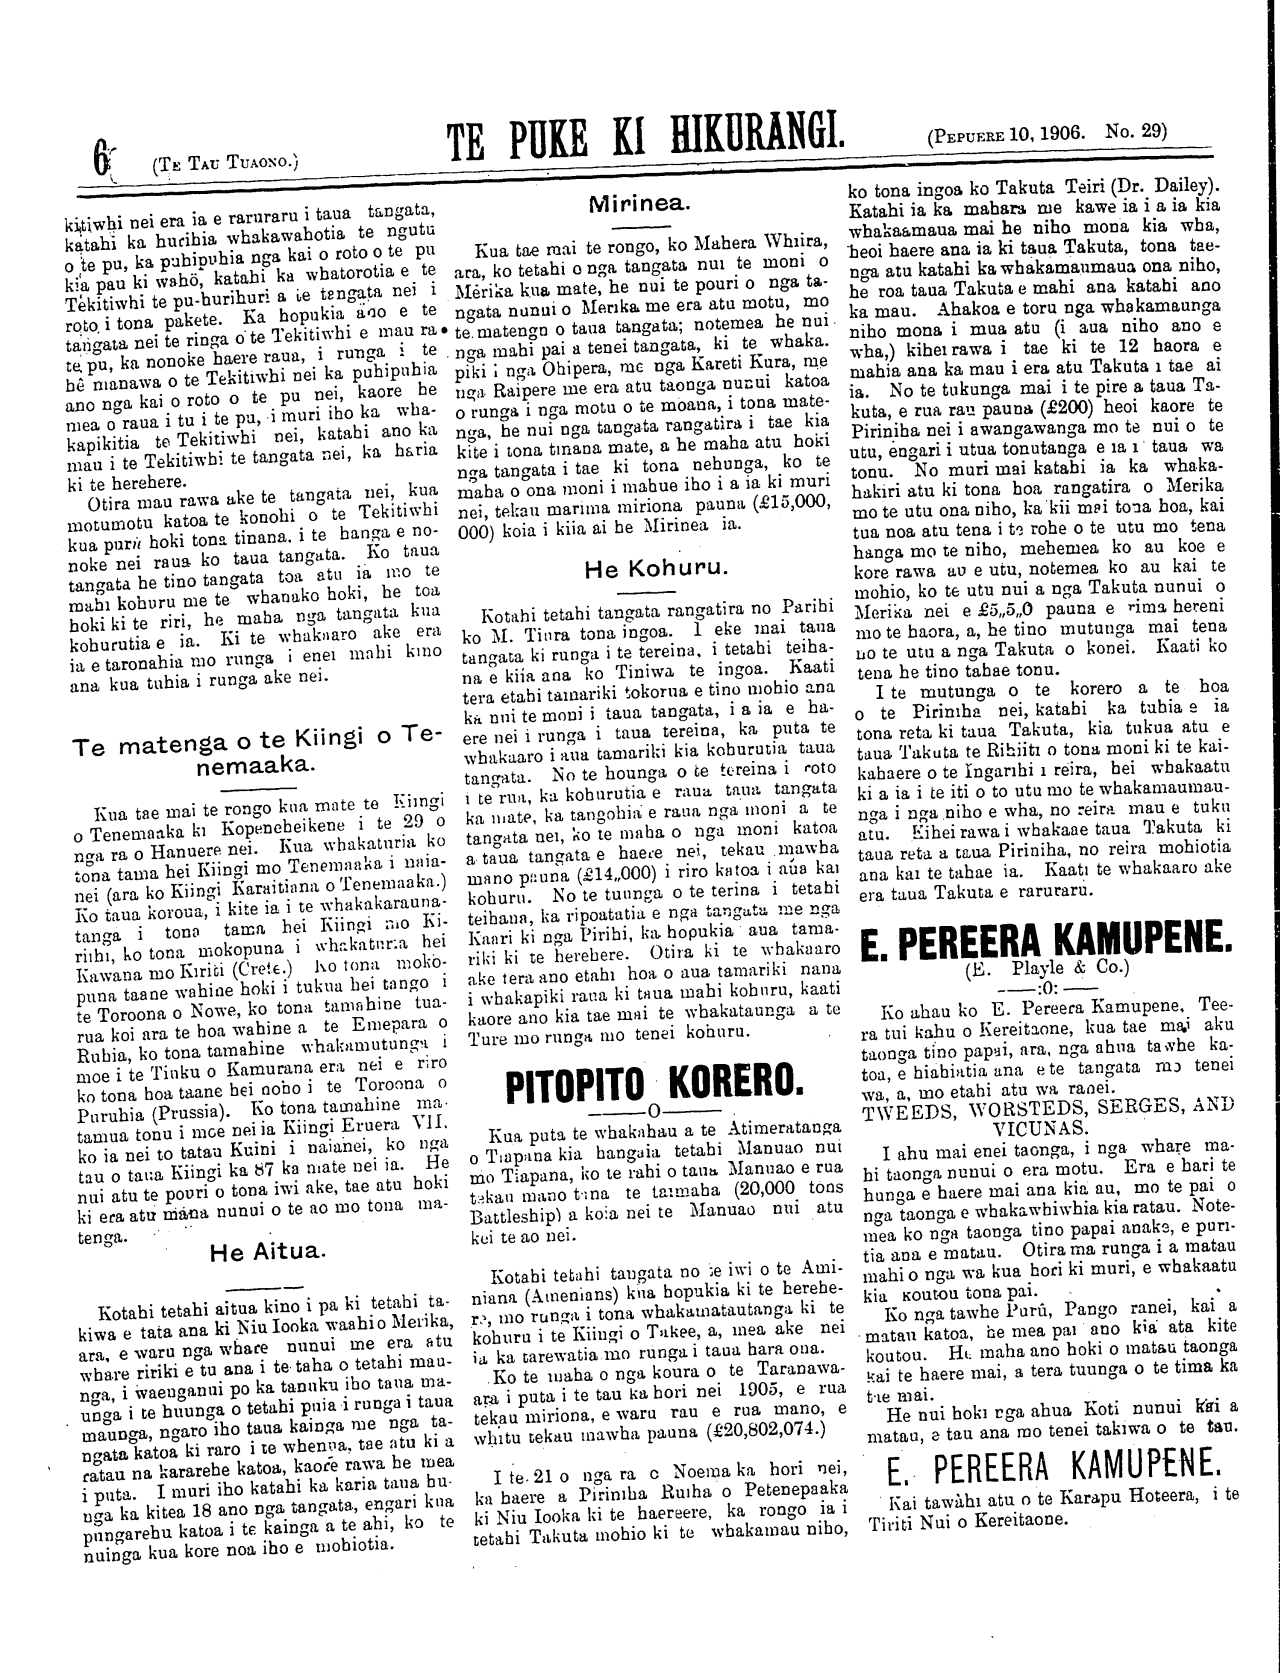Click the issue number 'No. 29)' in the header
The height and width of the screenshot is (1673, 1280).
tap(1136, 131)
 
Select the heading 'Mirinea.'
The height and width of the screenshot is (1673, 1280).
tap(637, 204)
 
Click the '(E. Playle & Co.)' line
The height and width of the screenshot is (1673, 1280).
tap(1046, 968)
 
